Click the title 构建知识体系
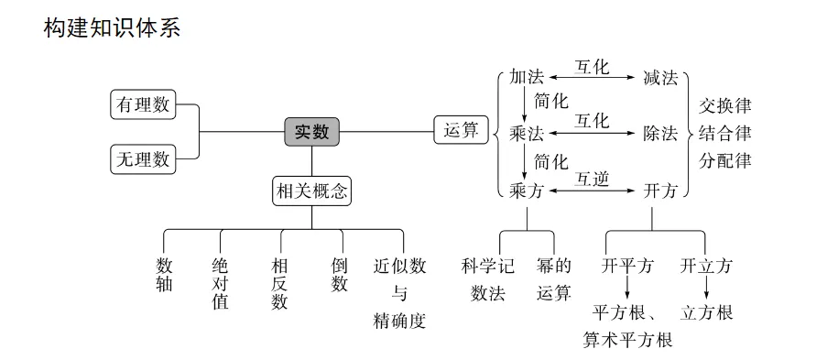(x=113, y=27)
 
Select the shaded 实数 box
(x=311, y=132)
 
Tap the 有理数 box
(x=142, y=104)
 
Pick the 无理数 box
(x=142, y=158)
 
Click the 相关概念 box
(x=311, y=191)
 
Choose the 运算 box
(x=460, y=131)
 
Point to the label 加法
(x=527, y=78)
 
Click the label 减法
(x=660, y=78)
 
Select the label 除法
(x=660, y=134)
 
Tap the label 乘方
(x=527, y=191)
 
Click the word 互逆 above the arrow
(x=592, y=178)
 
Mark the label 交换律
(x=725, y=104)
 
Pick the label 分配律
(x=725, y=160)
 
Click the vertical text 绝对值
(x=220, y=283)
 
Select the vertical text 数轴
(x=164, y=275)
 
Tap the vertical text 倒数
(x=340, y=275)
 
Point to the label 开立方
(x=706, y=267)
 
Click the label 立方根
(x=706, y=313)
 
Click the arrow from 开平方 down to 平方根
(x=627, y=289)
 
